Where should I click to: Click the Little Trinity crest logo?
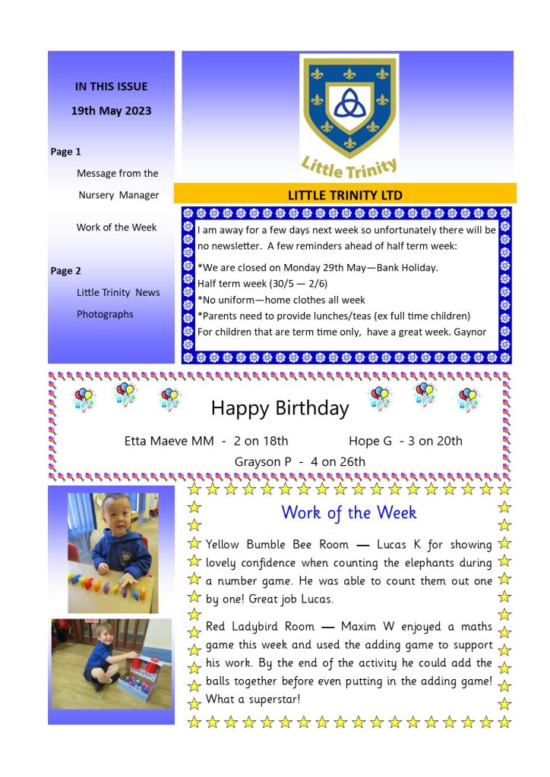pyautogui.click(x=349, y=115)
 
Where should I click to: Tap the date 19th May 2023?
pyautogui.click(x=111, y=111)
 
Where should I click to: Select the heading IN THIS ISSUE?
pyautogui.click(x=111, y=87)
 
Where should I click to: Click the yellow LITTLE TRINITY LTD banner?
pyautogui.click(x=345, y=195)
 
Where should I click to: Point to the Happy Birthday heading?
pyautogui.click(x=280, y=408)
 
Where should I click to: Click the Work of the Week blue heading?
pyautogui.click(x=349, y=512)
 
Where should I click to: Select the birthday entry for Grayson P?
pyautogui.click(x=299, y=461)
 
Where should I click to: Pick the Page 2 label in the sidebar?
pyautogui.click(x=65, y=271)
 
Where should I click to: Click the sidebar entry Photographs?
pyautogui.click(x=105, y=314)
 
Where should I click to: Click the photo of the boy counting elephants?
pyautogui.click(x=112, y=552)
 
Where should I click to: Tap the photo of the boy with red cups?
pyautogui.click(x=112, y=663)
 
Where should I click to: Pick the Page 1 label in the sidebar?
pyautogui.click(x=65, y=152)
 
